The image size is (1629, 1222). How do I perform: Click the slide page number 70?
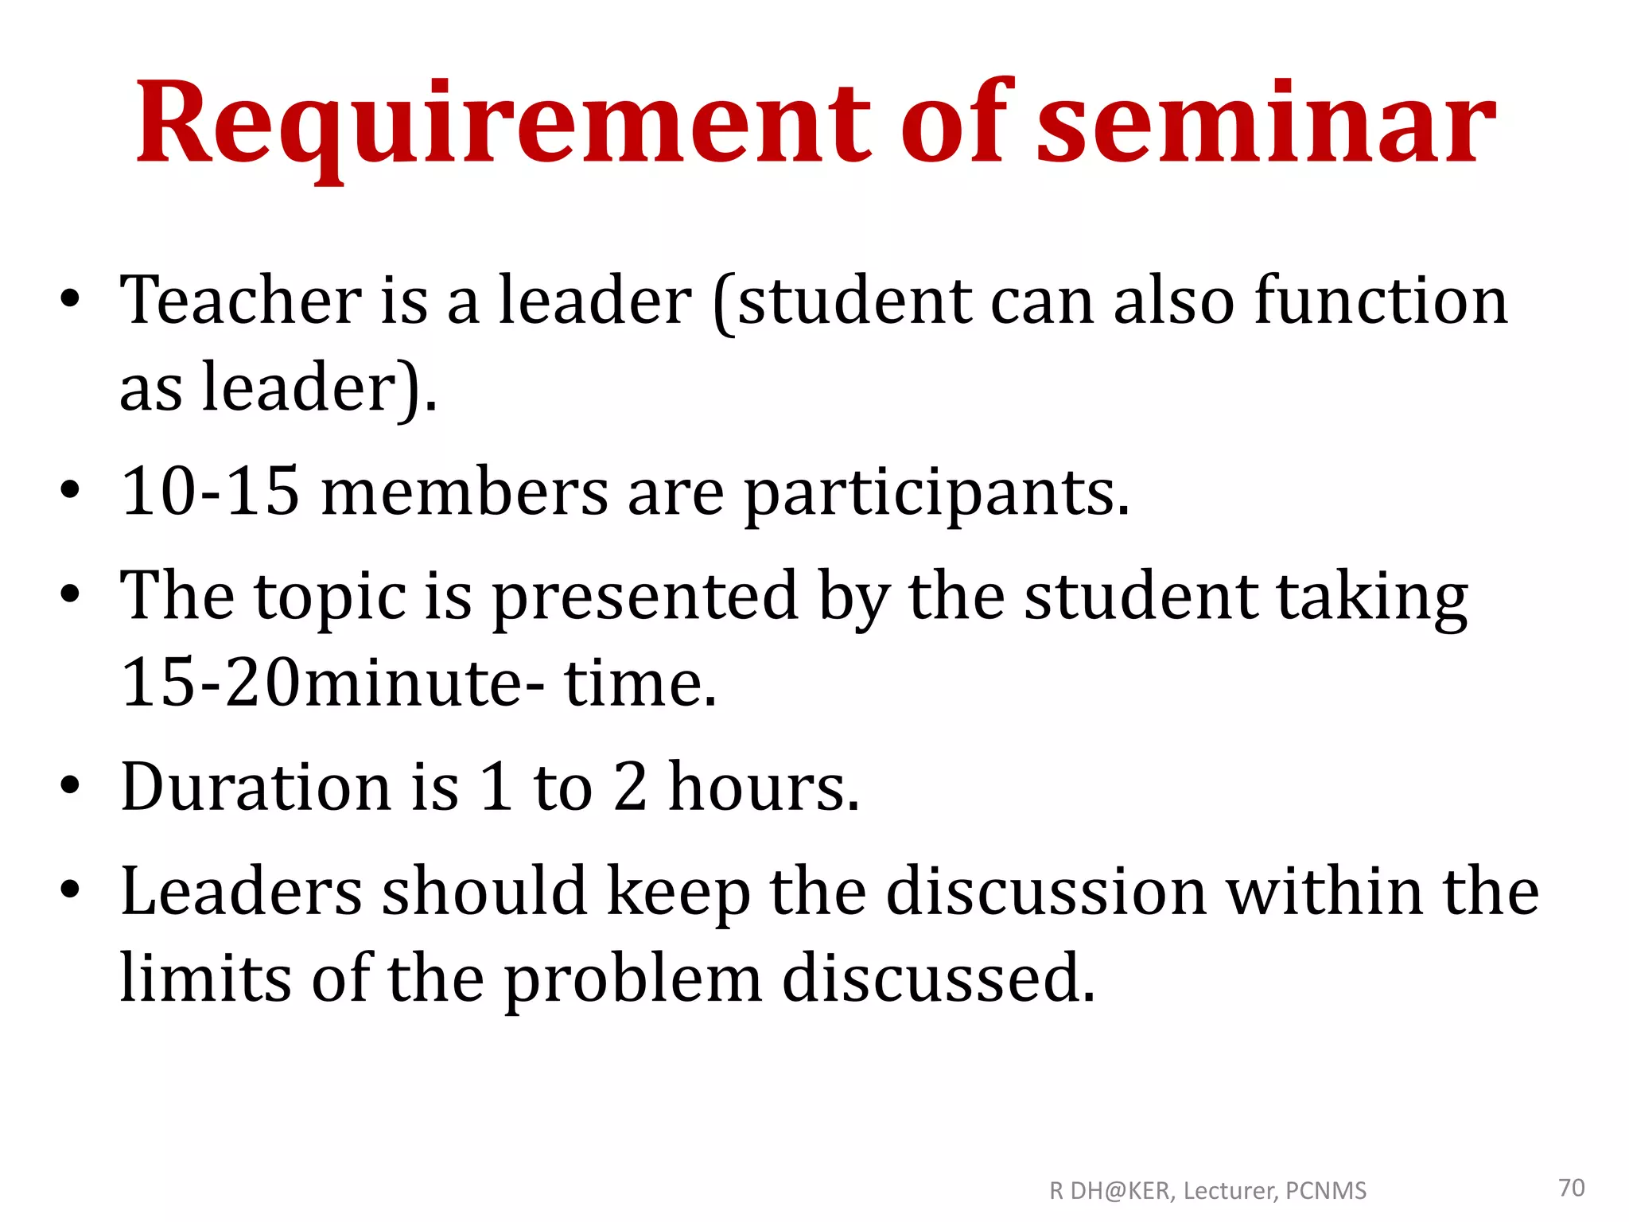point(1572,1188)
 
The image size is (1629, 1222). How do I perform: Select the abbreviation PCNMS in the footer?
point(1326,1191)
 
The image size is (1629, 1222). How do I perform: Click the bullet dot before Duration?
point(70,786)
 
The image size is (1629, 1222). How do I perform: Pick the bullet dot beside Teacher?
point(70,301)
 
